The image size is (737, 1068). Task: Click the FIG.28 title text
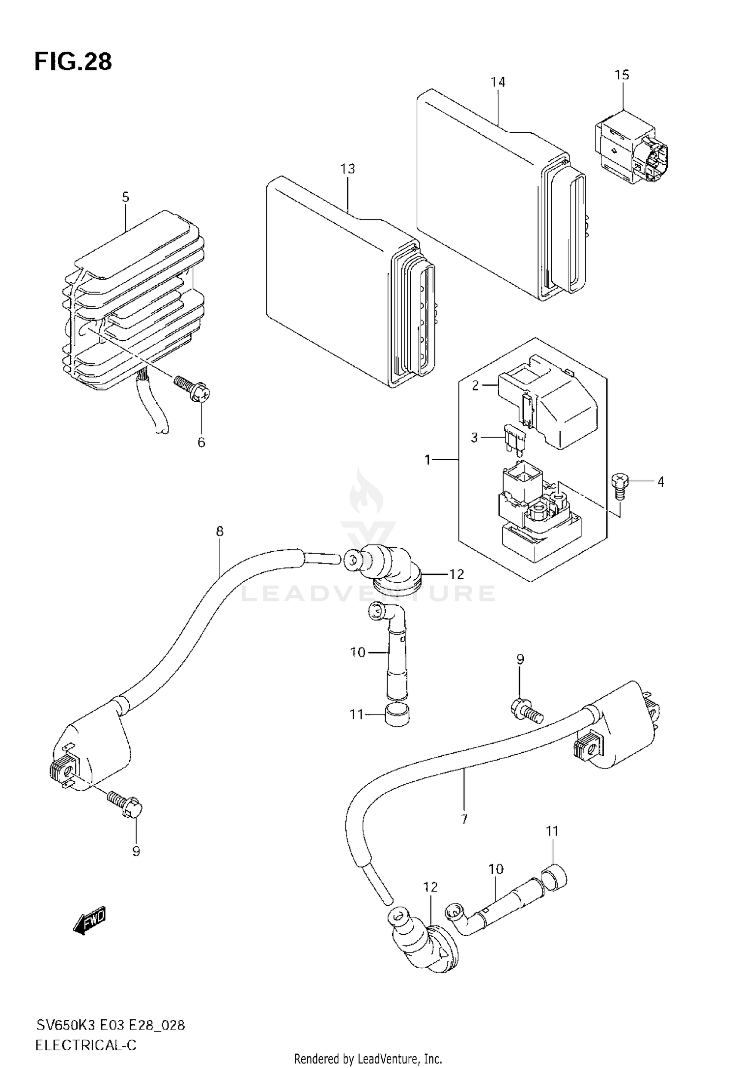(x=73, y=62)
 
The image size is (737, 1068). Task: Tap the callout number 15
(x=622, y=75)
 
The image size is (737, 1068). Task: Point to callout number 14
(x=498, y=82)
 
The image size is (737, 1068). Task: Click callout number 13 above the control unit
(x=347, y=169)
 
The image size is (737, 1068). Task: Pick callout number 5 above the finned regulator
(x=125, y=197)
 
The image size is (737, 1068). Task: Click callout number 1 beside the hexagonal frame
(x=427, y=460)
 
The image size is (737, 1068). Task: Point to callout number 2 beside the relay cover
(x=475, y=386)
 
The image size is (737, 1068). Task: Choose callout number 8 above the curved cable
(x=219, y=531)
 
